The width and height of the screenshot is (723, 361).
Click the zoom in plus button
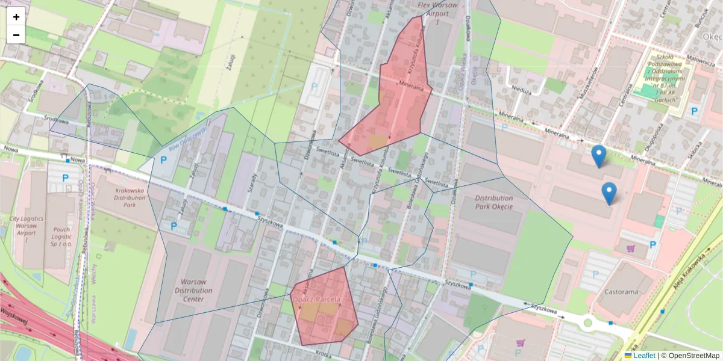click(16, 17)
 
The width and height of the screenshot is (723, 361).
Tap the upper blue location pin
click(598, 155)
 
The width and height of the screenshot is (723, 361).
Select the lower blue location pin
click(609, 193)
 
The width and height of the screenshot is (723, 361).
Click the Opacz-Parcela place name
click(316, 299)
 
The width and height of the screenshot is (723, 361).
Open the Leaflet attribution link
click(643, 356)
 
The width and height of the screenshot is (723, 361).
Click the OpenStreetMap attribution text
click(691, 356)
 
